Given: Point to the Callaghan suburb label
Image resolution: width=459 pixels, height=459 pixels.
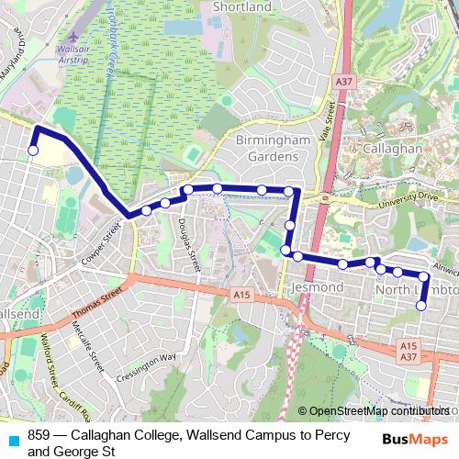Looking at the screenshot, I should (391, 148).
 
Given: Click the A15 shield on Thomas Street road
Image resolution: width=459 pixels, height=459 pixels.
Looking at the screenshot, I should (241, 294).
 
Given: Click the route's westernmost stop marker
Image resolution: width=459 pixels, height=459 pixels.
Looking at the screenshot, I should (33, 151).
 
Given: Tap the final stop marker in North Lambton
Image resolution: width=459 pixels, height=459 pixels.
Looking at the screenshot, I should (422, 306).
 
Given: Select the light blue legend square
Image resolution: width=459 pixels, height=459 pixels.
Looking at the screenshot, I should (12, 440).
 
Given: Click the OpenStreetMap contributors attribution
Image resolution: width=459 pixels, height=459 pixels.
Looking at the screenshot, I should (379, 411).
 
